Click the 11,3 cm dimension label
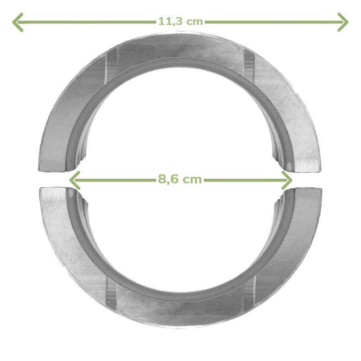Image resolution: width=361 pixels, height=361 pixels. pos(180,21)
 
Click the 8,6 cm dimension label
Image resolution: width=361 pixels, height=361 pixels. pos(180,179)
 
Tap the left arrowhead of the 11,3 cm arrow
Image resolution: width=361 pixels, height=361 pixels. pos(18,22)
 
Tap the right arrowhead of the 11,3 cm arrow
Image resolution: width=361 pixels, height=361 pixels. pos(343,22)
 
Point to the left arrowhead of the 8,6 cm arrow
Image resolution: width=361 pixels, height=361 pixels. pos(74,180)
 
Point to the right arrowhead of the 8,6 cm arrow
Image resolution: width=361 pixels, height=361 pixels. pos(287,180)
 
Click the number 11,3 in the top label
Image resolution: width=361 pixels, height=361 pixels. pos(171,21)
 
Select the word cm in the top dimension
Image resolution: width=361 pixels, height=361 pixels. pos(194,22)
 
